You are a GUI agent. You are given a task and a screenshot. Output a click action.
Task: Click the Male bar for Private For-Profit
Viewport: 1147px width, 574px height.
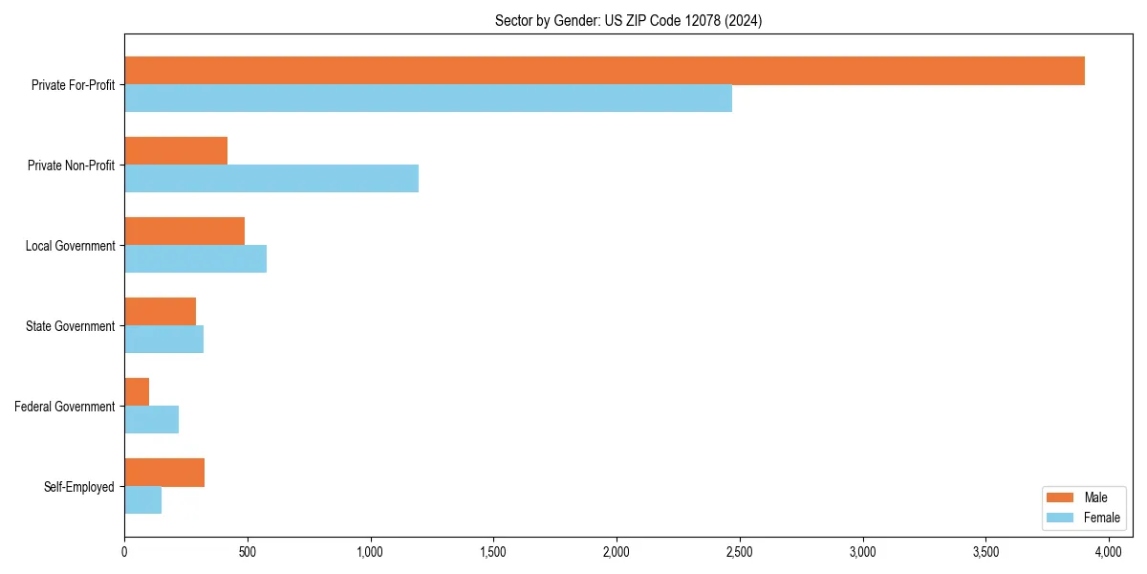pyautogui.click(x=604, y=71)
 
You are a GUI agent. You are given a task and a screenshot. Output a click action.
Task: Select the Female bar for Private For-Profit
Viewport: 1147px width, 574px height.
pyautogui.click(x=428, y=99)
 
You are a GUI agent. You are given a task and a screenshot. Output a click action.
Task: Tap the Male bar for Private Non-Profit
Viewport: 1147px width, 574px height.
pyautogui.click(x=176, y=151)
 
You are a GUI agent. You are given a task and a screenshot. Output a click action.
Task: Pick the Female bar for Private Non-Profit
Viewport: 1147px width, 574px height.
pyautogui.click(x=271, y=179)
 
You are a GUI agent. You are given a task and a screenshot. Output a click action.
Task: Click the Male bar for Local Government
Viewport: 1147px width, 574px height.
pyautogui.click(x=184, y=232)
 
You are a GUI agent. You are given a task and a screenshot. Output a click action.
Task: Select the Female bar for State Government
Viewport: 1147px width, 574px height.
pyautogui.click(x=163, y=340)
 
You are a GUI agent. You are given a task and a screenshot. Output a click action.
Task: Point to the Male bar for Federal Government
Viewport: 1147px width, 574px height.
pyautogui.click(x=137, y=392)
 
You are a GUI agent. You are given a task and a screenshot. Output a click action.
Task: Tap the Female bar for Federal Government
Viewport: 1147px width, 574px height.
pyautogui.click(x=151, y=420)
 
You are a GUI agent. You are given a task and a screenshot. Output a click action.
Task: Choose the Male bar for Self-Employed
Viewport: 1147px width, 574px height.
pyautogui.click(x=164, y=473)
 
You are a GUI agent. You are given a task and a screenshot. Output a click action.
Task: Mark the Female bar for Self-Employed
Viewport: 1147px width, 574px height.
pyautogui.click(x=142, y=500)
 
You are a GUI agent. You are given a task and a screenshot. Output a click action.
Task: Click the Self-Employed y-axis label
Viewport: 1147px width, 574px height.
pyautogui.click(x=79, y=487)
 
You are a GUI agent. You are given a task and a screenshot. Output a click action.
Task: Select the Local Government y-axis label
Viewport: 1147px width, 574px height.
pyautogui.click(x=70, y=246)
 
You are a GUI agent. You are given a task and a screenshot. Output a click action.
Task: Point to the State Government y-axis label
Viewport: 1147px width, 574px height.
pyautogui.click(x=70, y=326)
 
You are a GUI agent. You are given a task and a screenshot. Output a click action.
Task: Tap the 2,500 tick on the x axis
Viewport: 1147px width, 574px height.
pyautogui.click(x=740, y=552)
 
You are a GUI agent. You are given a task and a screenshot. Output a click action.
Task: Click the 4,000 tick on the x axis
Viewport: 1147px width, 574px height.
pyautogui.click(x=1109, y=552)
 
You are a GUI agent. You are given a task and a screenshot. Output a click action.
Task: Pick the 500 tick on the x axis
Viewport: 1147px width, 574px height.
pyautogui.click(x=248, y=552)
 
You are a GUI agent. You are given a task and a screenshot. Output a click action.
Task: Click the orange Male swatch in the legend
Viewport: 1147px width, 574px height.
pyautogui.click(x=1061, y=497)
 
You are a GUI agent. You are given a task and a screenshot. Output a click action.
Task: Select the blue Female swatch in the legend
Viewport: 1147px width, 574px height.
pyautogui.click(x=1061, y=518)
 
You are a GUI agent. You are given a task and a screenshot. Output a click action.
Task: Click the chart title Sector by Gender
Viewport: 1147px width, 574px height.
pyautogui.click(x=628, y=20)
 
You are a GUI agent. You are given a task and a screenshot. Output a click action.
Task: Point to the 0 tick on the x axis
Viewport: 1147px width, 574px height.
pyautogui.click(x=124, y=552)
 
